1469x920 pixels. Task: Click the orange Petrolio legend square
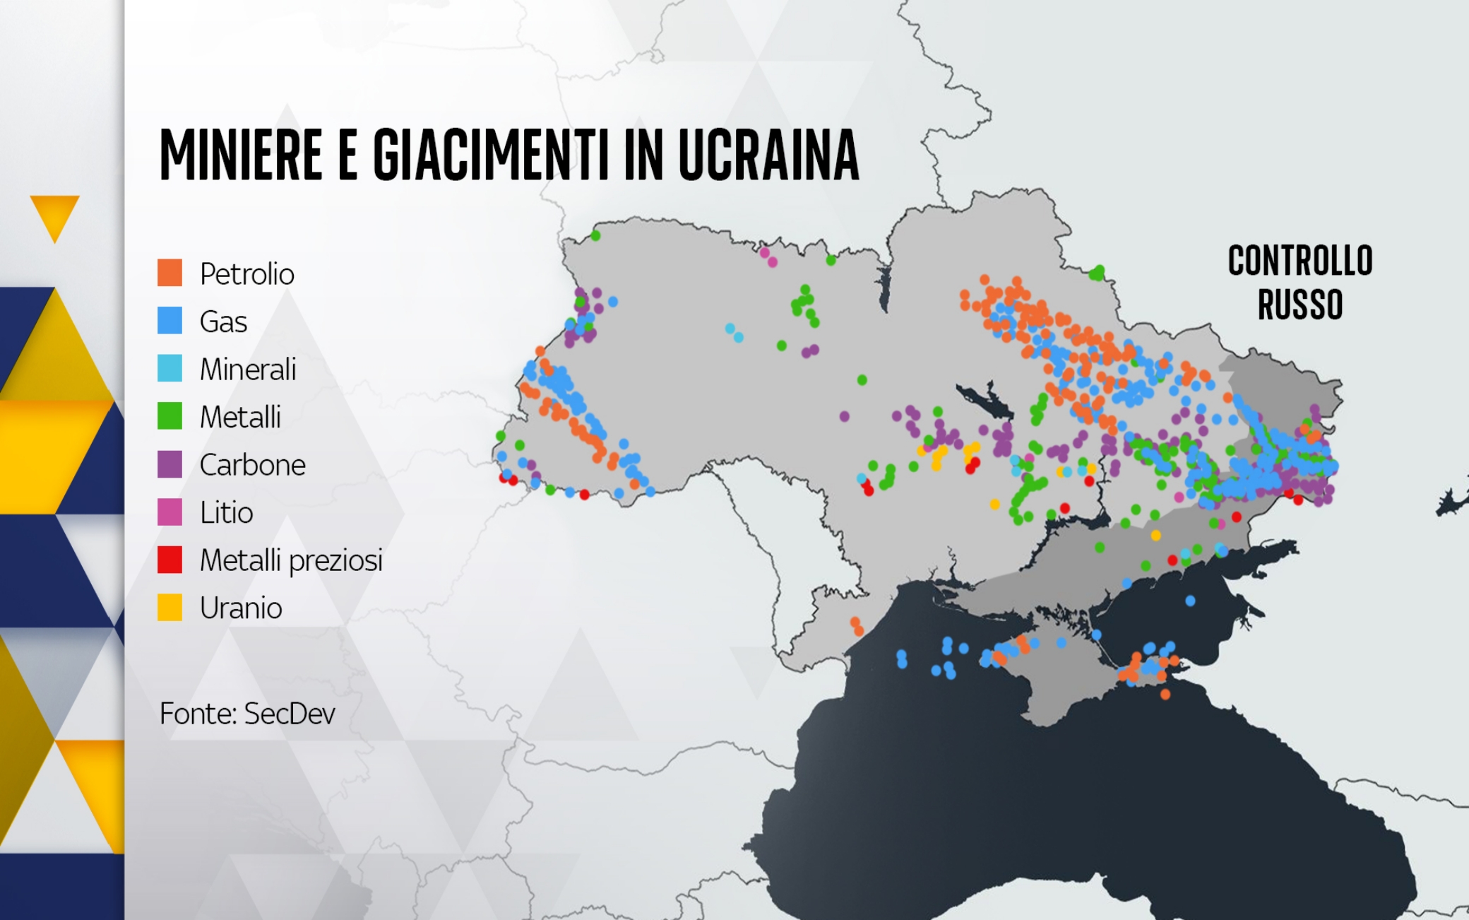[169, 272]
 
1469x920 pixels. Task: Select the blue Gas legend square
[169, 320]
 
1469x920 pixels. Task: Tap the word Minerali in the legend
[247, 369]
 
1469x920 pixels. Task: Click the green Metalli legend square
[169, 415]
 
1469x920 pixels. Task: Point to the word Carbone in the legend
[252, 464]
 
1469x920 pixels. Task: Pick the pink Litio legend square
[169, 512]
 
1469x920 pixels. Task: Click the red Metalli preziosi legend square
[169, 560]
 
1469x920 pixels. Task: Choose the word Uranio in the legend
[240, 608]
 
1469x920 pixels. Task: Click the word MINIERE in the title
[241, 155]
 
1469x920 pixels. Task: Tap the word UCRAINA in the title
[768, 155]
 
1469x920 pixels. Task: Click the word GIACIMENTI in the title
[490, 155]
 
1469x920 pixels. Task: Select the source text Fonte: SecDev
[247, 714]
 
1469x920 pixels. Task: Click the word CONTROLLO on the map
[1300, 261]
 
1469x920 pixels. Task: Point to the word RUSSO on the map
[1300, 305]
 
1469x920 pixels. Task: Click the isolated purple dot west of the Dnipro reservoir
[844, 416]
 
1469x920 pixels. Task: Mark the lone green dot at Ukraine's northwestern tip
[595, 235]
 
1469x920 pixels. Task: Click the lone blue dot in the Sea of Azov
[1190, 601]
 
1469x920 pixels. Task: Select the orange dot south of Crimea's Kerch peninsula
[1165, 695]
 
